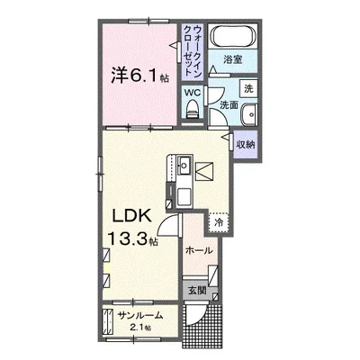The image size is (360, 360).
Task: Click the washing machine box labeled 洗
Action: [x=248, y=88]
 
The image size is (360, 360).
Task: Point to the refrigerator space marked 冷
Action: [x=219, y=219]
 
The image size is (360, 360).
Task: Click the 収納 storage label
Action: [x=244, y=143]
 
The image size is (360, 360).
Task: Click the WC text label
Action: [x=192, y=93]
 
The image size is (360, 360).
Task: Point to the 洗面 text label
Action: [x=229, y=105]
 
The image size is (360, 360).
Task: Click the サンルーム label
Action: [x=141, y=315]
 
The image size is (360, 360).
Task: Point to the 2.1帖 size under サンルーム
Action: [x=140, y=328]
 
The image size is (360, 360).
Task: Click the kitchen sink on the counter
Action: [x=183, y=166]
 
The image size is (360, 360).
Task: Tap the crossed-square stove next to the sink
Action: [x=206, y=169]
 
